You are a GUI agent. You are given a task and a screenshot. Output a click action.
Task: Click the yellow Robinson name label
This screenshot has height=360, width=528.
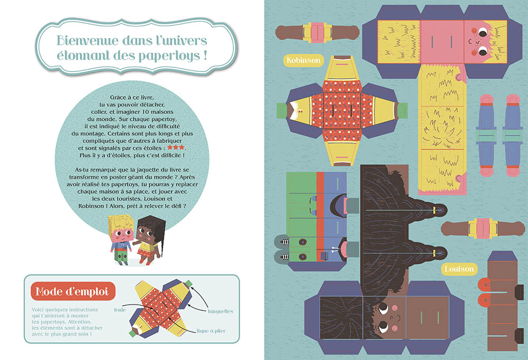click(304, 60)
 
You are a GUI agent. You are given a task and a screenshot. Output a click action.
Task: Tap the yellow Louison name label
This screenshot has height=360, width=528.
click(459, 269)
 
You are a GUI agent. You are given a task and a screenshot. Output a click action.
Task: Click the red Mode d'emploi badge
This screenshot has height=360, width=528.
click(73, 291)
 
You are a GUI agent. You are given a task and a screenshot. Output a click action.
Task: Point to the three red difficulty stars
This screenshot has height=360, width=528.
click(176, 147)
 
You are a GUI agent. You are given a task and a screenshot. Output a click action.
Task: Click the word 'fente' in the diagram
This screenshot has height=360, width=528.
click(120, 310)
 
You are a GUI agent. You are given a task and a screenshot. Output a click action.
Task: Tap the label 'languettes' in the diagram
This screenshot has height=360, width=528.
click(220, 311)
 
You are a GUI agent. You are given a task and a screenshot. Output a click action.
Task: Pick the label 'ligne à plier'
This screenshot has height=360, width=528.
click(211, 330)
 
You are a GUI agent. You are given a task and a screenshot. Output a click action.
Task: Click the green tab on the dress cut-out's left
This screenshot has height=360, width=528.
click(281, 111)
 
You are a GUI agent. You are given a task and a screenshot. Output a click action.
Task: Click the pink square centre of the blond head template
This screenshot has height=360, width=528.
click(442, 41)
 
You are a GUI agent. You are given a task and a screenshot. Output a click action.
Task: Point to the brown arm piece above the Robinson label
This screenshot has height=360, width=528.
click(317, 32)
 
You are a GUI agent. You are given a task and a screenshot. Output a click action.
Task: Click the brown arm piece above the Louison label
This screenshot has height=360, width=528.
click(483, 228)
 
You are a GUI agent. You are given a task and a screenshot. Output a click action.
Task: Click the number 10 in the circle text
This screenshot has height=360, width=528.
click(147, 112)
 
